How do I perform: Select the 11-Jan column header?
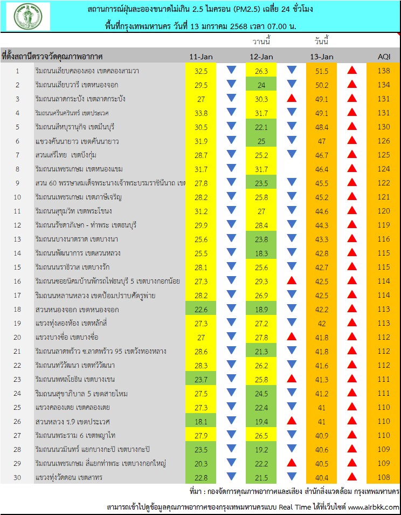click(201, 57)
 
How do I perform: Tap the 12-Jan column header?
click(261, 57)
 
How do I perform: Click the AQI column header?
click(383, 57)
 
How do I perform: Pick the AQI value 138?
click(383, 71)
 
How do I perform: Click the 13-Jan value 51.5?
click(322, 71)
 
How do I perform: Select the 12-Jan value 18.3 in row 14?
click(261, 253)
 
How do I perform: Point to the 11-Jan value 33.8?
click(201, 113)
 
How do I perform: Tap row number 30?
click(17, 477)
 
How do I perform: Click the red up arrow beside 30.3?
click(292, 99)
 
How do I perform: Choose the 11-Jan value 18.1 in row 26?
click(201, 421)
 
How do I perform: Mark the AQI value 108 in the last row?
click(383, 477)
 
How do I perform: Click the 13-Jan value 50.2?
click(322, 85)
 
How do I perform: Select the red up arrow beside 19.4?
click(292, 421)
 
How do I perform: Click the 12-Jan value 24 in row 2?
click(261, 85)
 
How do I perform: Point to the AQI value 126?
click(383, 141)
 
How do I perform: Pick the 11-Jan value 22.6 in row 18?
click(201, 309)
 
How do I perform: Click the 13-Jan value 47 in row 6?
click(322, 141)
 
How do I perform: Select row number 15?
click(17, 267)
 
